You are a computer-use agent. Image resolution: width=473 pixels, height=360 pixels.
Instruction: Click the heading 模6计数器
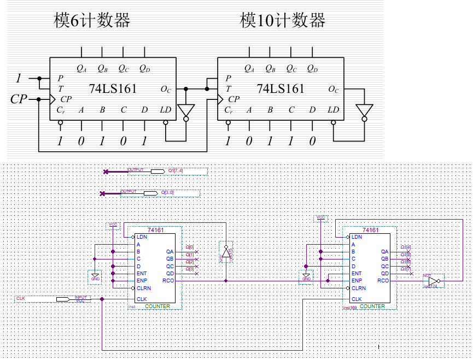[92, 21]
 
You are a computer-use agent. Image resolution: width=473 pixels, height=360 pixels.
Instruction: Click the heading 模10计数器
[283, 21]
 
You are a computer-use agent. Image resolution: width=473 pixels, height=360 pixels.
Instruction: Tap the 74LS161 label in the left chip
[113, 88]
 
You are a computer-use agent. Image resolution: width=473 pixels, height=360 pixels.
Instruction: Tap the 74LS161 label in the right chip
[281, 88]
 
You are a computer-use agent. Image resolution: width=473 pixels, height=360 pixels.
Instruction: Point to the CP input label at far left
[19, 99]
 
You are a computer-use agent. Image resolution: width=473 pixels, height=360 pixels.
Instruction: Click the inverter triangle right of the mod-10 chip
[364, 110]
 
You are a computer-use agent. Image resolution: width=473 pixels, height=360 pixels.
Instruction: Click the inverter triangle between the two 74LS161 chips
[186, 110]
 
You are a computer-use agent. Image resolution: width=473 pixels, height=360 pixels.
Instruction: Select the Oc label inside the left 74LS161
[166, 89]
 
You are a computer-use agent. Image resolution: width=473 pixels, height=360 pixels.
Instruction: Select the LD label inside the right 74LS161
[333, 110]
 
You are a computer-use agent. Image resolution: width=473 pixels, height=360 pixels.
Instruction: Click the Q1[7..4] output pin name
[176, 171]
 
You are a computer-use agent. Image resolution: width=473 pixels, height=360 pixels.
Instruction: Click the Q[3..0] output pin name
[167, 193]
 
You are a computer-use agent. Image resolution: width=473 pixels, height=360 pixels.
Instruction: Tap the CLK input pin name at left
[21, 298]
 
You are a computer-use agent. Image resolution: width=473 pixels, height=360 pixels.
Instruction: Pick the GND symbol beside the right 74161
[306, 278]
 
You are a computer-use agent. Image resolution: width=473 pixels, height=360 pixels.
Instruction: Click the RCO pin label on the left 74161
[168, 281]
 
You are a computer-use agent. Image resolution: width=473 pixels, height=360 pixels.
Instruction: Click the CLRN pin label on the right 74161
[359, 288]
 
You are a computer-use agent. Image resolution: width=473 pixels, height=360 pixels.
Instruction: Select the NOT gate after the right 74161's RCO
[433, 281]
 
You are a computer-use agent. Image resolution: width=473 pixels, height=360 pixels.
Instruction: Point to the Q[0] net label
[190, 247]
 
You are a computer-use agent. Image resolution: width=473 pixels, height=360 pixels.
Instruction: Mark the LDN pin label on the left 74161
[142, 237]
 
